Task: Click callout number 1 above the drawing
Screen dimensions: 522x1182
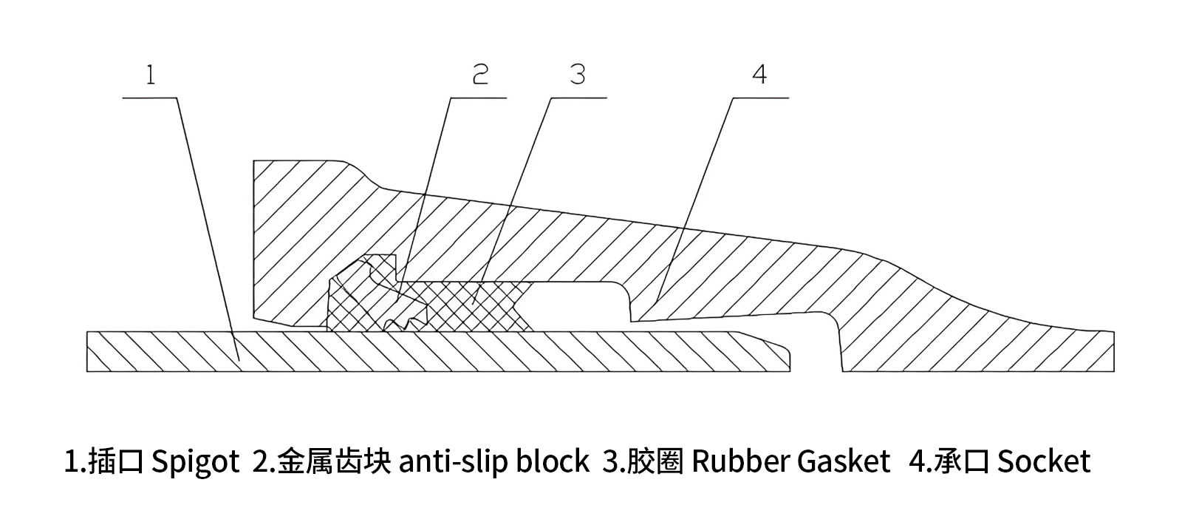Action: (x=151, y=75)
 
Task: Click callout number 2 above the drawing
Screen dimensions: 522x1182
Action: (x=480, y=74)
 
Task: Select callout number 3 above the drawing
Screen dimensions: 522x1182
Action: (x=578, y=74)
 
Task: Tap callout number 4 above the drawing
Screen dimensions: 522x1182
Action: (x=759, y=74)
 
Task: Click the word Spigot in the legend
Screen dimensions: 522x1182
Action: (x=195, y=462)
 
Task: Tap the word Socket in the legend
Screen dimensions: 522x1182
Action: (x=1043, y=462)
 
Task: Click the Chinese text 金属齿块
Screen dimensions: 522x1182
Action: (x=334, y=462)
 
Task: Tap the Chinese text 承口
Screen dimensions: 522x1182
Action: (x=960, y=462)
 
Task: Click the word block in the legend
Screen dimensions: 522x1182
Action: (x=553, y=462)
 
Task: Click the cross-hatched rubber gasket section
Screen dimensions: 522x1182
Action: (x=473, y=303)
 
